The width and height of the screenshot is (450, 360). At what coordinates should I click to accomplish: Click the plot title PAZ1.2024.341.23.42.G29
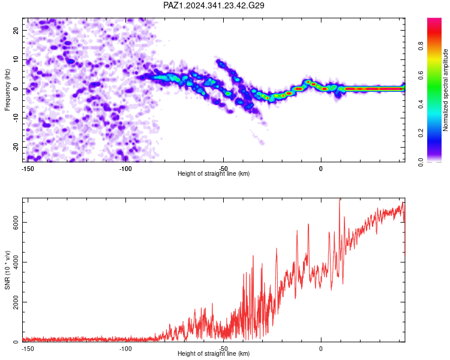point(214,5)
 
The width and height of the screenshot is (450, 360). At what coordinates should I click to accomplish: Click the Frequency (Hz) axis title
point(7,90)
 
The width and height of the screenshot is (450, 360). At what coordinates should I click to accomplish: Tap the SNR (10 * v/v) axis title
point(7,270)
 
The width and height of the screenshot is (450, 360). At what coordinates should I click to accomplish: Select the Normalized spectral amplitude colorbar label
point(445,90)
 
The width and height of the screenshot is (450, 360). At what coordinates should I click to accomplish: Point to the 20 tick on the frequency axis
point(16,30)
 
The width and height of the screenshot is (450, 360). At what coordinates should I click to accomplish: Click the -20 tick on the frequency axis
point(16,148)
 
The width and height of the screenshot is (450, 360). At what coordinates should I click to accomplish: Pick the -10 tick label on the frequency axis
point(16,118)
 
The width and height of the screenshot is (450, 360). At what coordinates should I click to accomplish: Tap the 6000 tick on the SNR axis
point(16,223)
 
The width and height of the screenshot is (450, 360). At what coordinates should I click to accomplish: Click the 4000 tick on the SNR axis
point(16,262)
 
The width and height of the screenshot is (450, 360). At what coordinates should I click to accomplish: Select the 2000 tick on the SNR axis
point(16,302)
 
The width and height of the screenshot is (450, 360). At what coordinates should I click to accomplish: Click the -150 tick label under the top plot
point(28,169)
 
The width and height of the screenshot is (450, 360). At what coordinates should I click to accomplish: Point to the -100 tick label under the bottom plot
point(125,349)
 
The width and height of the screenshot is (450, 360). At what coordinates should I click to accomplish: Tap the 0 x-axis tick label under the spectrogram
point(321,169)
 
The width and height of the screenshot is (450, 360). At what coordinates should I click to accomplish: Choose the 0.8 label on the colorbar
point(421,46)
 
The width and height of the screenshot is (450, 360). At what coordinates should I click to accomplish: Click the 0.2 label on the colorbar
point(421,133)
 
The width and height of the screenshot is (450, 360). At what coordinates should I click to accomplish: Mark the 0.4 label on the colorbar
point(421,104)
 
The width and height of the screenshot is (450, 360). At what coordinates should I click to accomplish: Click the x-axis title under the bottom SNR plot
point(214,353)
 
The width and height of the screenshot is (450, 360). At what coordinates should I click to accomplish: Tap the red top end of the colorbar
point(434,20)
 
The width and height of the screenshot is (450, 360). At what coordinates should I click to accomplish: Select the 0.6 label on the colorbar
point(421,75)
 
